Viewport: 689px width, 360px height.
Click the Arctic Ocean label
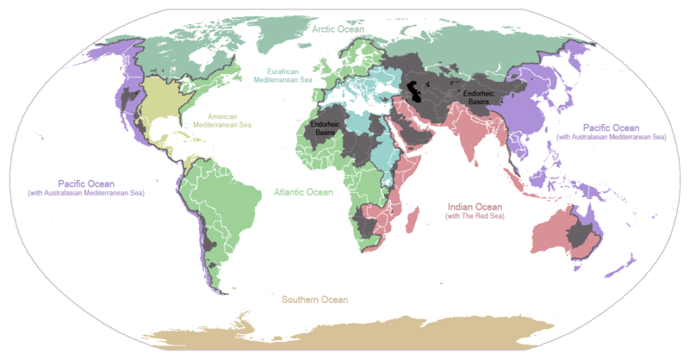[x=338, y=29]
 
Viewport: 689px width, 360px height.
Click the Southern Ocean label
[x=314, y=300]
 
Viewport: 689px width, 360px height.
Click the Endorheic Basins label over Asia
[x=479, y=96]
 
